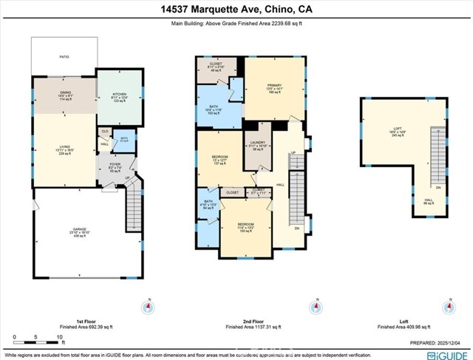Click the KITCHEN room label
120,94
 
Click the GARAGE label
81,230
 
